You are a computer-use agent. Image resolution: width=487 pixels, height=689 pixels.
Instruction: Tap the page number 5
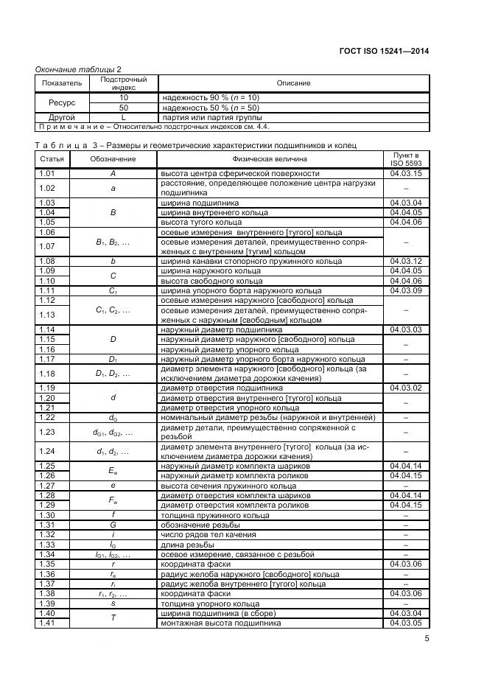tap(427, 638)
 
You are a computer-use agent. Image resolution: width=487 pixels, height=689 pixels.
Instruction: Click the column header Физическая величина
tap(270, 159)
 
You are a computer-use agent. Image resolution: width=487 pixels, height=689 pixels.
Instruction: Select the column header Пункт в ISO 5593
tap(406, 159)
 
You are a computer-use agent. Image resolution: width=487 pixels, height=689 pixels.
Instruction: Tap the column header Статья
tap(51, 159)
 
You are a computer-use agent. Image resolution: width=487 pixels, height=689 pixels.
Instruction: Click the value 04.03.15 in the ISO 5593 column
tap(406, 173)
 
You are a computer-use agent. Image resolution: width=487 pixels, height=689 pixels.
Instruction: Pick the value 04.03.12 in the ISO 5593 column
tap(406, 261)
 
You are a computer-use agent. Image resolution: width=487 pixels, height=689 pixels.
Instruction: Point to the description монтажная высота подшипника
tap(220, 623)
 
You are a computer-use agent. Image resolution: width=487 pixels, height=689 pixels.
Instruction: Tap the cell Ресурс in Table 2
tap(62, 102)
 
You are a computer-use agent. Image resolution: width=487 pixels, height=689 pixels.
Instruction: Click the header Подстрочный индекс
tap(124, 83)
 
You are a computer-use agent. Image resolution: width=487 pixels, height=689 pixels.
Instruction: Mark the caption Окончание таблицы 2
tap(78, 69)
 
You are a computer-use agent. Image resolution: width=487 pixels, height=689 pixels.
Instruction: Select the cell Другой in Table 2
tap(62, 117)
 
